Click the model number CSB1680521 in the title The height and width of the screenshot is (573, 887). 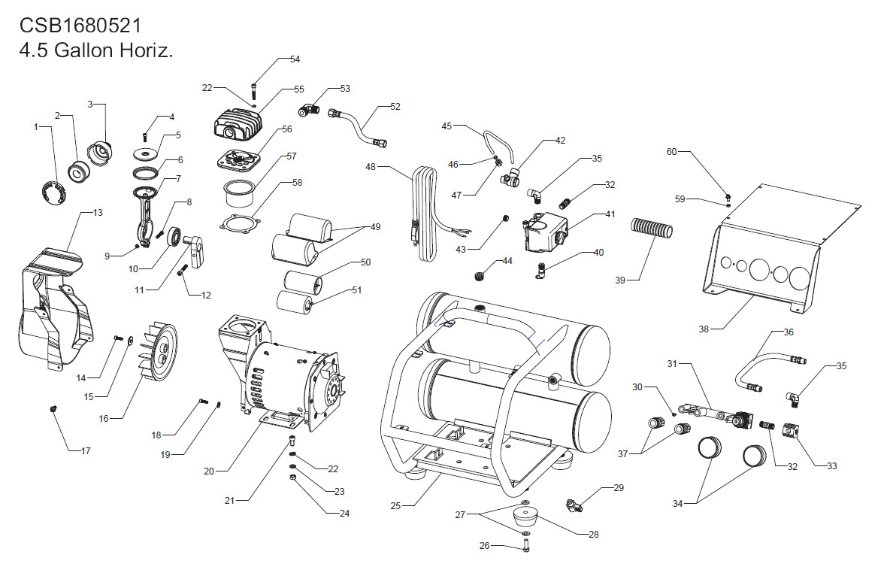[80, 26]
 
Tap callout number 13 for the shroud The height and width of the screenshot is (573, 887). [97, 213]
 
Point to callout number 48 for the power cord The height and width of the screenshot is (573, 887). [371, 167]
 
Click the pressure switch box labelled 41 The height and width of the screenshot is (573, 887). [545, 232]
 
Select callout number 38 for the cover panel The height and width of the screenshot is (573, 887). [703, 329]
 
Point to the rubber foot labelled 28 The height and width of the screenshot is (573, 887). [525, 517]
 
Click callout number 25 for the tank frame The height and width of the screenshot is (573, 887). [395, 505]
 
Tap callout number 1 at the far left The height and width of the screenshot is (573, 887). [35, 126]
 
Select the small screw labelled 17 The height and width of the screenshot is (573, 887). [54, 408]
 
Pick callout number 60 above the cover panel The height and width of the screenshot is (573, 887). [671, 152]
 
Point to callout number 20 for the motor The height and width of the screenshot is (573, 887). [209, 471]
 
